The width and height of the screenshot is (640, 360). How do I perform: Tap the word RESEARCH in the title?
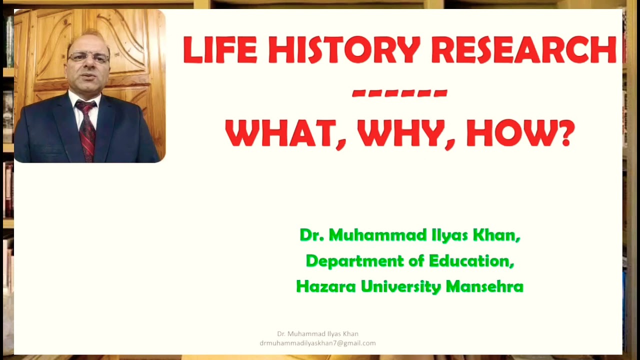523,50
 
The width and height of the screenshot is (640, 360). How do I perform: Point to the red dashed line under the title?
399,93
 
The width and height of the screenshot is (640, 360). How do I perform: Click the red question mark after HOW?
567,133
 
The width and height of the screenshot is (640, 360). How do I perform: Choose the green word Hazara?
326,286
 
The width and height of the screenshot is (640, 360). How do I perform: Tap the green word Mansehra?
484,286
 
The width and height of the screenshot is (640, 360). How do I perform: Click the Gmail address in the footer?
317,343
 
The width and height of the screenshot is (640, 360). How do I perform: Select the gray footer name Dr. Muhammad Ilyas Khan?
317,334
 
